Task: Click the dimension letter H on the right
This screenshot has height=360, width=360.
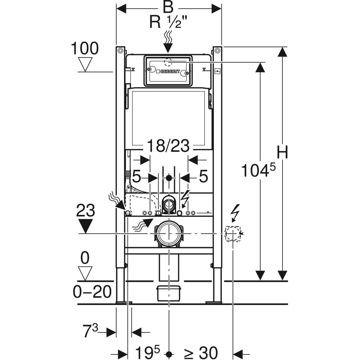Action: [x=282, y=152]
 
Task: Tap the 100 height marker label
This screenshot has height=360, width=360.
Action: [x=85, y=49]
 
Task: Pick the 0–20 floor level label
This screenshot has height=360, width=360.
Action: [x=92, y=292]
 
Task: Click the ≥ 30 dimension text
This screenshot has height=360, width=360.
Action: [x=200, y=353]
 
